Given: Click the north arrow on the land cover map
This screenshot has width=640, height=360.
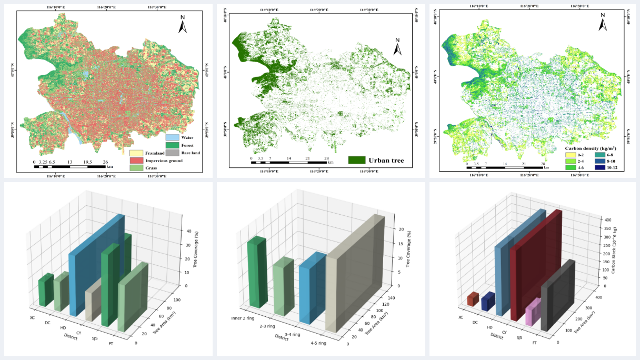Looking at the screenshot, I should (183, 24).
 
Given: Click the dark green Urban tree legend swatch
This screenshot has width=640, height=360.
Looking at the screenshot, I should (356, 160).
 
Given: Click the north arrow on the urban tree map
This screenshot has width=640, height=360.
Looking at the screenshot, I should (398, 47).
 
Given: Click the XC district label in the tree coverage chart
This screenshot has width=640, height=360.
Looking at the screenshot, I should (33, 318).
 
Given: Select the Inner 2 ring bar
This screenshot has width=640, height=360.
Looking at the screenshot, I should (255, 272).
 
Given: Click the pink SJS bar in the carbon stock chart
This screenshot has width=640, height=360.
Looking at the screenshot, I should (532, 313).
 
